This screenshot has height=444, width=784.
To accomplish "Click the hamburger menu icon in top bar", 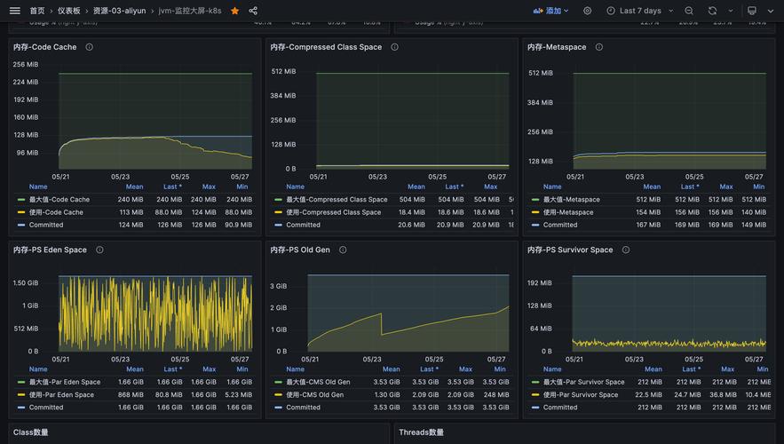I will (x=14, y=11).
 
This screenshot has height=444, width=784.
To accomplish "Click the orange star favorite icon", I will (x=234, y=11).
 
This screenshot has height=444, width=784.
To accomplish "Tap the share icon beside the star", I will (x=253, y=11).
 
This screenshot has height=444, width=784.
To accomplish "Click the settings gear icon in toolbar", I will (x=587, y=11).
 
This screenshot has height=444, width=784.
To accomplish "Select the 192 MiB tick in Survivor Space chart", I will (x=540, y=282).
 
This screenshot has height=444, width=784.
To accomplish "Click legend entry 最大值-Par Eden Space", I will (x=65, y=383).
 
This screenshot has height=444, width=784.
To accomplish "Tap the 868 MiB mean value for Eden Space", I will (x=131, y=395).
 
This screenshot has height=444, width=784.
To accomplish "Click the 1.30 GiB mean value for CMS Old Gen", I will (x=387, y=395).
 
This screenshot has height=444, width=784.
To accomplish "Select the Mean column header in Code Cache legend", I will (x=134, y=186).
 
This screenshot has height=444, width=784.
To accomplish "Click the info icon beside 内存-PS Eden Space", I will (x=99, y=250).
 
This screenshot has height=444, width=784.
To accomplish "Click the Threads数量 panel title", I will (x=421, y=432).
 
